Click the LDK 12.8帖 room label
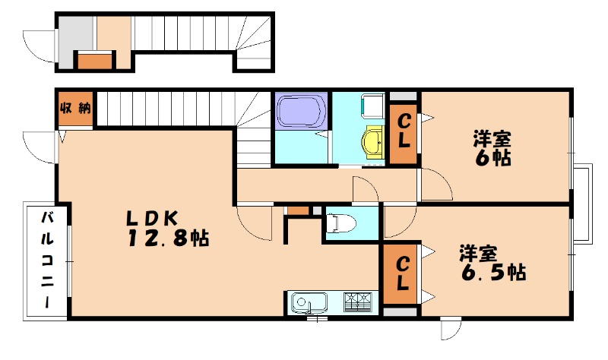163,227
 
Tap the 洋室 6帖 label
492,148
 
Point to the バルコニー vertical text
47,259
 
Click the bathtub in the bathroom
301,111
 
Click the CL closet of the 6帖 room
404,131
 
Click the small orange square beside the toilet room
299,209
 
